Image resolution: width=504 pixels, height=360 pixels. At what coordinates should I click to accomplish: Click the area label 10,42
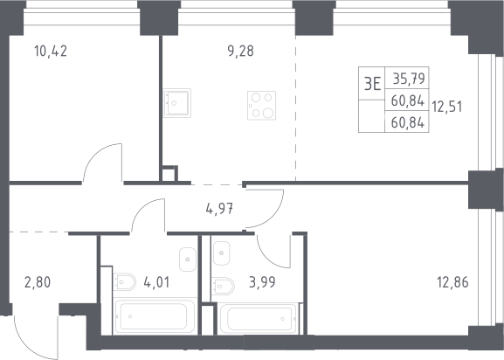(x=51, y=51)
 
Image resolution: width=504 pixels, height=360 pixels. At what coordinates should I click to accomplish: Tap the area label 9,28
(x=241, y=51)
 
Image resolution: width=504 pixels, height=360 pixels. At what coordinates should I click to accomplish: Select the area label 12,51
(x=446, y=107)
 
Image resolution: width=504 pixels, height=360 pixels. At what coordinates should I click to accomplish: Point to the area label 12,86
(x=452, y=282)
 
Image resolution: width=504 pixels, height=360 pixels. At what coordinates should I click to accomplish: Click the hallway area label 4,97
(x=219, y=209)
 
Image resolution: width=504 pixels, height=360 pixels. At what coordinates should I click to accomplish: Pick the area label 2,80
(x=38, y=282)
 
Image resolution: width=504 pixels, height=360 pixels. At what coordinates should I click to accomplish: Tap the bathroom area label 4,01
(x=156, y=282)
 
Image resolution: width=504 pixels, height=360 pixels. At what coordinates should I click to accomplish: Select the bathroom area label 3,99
(x=262, y=282)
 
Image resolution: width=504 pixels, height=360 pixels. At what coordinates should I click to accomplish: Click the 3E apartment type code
(x=372, y=84)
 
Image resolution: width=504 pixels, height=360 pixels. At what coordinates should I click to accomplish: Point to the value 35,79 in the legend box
(x=409, y=79)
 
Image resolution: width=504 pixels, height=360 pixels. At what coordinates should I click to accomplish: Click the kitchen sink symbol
(x=176, y=103)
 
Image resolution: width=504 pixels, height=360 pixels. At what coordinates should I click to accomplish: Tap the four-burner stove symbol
(x=262, y=106)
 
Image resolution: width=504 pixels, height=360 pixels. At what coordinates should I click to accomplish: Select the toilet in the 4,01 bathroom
(x=124, y=282)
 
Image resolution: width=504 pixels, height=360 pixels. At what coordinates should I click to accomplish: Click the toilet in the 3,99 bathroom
(x=223, y=286)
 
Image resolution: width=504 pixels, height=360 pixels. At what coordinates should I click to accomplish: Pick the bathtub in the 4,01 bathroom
(x=155, y=316)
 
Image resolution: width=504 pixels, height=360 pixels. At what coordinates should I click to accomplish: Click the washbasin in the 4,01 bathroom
(x=188, y=260)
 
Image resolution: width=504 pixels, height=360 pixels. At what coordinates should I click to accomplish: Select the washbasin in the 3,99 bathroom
(x=222, y=253)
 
